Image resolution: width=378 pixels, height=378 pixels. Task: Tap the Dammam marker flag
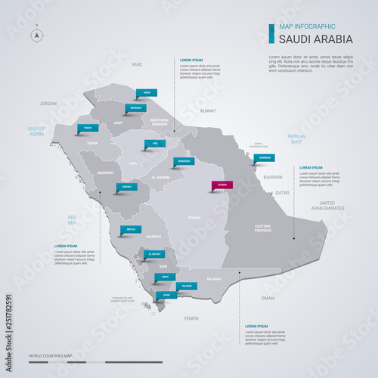click(264, 158)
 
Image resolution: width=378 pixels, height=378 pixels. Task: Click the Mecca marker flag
click(130, 228)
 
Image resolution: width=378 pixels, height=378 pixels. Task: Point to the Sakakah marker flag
click(136, 108)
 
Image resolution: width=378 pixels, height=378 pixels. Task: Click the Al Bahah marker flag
click(155, 254)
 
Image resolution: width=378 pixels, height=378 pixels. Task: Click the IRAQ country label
click(137, 65)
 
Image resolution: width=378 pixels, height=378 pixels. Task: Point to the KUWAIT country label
click(209, 110)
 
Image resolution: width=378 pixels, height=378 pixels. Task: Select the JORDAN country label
click(48, 103)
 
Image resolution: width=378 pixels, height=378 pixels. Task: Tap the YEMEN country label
click(191, 318)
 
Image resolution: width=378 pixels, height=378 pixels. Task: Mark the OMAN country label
click(268, 298)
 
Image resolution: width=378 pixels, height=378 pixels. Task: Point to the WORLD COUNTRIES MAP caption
click(51, 355)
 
